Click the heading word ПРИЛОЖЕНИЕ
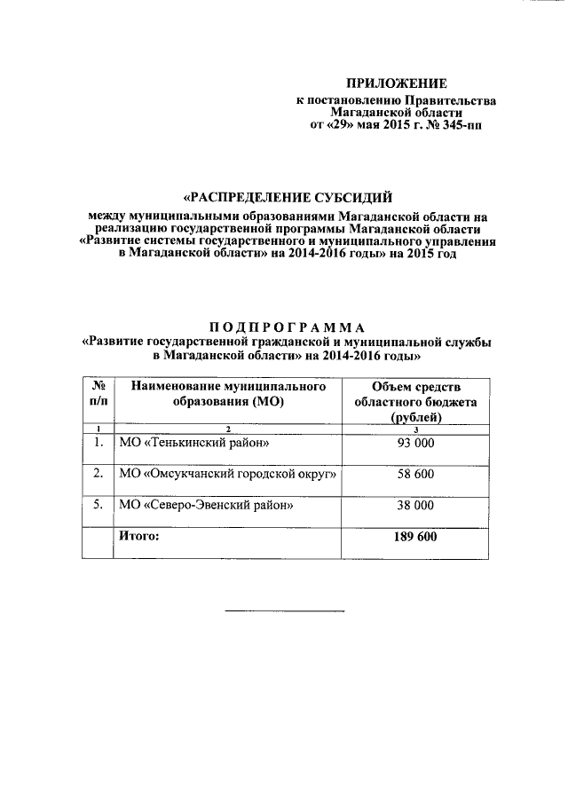point(395,83)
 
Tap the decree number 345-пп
point(465,126)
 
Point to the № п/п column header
point(98,394)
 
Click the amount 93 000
point(416,443)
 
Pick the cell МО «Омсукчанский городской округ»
point(229,475)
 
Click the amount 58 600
point(416,475)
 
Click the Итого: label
point(138,537)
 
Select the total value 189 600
point(416,537)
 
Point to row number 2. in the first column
point(98,475)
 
